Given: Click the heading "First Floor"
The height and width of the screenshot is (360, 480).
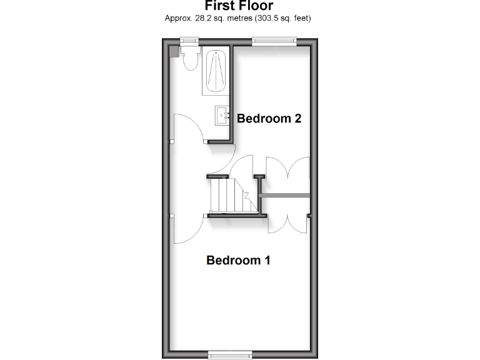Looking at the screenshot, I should coord(237,6).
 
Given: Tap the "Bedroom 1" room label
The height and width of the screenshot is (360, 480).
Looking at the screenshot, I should coord(238,260).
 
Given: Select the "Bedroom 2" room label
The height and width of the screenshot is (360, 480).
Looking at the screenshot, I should coord(269,118).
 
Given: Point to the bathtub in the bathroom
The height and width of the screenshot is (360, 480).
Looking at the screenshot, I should coord(216,71).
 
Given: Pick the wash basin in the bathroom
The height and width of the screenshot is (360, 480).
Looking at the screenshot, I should coord(222,116).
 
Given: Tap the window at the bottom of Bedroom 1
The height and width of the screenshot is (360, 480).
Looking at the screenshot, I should coord(230,354).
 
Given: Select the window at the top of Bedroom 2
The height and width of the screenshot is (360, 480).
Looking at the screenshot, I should coord(274,41).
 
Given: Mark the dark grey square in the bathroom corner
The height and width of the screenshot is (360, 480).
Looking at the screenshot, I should coord(175,51).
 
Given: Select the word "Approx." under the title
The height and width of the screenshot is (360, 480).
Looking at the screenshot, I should coord(176,19).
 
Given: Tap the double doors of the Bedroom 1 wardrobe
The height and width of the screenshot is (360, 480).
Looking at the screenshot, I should coord(288,219).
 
